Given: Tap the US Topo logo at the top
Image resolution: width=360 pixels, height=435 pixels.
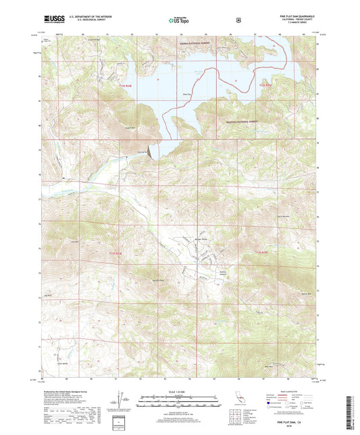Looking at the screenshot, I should point(180,20).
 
